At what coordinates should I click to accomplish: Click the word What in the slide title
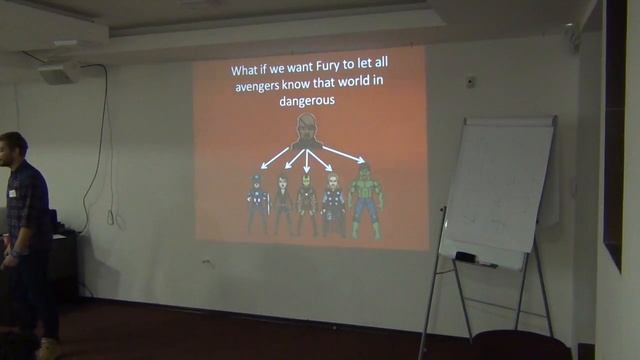(246, 71)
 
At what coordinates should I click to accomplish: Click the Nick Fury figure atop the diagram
(307, 131)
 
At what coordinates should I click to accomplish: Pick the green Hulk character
(365, 199)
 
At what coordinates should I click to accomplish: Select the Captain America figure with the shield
(258, 204)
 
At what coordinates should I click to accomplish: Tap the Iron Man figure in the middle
(307, 205)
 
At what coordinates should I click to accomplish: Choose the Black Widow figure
(283, 204)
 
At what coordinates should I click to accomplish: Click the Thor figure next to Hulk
(334, 205)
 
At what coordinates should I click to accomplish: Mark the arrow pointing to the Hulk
(344, 153)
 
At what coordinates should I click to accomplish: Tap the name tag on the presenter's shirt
(13, 192)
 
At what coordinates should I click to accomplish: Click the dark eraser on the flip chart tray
(465, 257)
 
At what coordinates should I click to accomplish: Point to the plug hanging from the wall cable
(110, 216)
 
